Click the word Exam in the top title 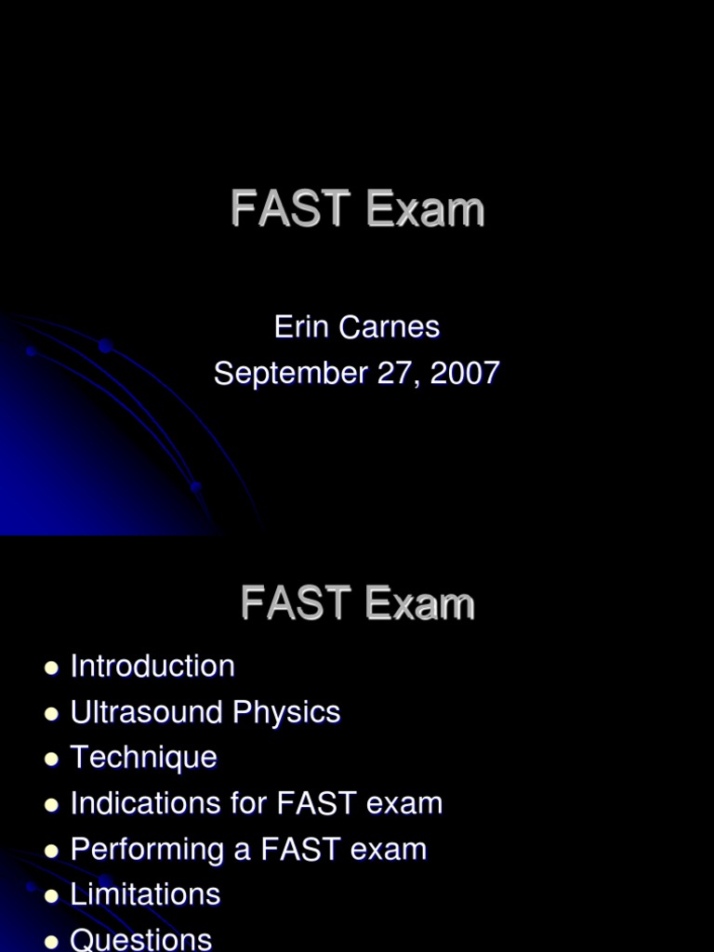pos(425,209)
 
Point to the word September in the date pos(290,374)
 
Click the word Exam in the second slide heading pos(419,603)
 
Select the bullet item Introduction pos(152,667)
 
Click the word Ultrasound pos(147,712)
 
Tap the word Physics pos(286,712)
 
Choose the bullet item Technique pos(143,758)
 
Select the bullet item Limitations pos(145,894)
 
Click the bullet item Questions pos(141,939)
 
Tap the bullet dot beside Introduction pos(51,668)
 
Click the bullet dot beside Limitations pos(51,895)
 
